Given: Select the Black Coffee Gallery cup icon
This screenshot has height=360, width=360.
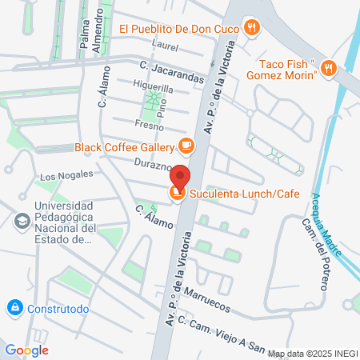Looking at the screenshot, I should [186, 146].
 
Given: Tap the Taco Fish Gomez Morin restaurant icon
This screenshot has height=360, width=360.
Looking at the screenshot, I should [328, 67].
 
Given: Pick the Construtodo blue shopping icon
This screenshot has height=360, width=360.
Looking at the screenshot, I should [14, 307].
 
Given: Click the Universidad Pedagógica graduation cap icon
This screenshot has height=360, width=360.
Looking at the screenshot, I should [22, 218].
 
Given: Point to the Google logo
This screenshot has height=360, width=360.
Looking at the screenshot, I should [26, 350].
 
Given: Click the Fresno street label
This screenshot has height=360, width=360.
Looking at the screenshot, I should [150, 126].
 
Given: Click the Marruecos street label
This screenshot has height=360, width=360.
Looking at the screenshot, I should [206, 300].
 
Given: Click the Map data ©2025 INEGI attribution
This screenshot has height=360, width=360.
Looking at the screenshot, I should [312, 353].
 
